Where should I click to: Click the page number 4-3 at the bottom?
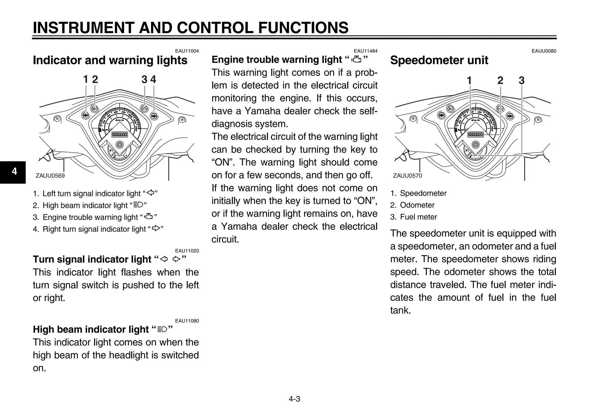294,399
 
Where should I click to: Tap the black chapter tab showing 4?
13,172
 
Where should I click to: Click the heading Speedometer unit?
439,60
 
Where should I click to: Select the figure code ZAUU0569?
50,176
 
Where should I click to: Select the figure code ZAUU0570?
407,176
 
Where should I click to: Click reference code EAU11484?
365,51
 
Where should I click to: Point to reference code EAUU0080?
544,51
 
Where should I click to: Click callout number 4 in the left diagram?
153,79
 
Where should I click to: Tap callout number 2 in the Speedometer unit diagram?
500,80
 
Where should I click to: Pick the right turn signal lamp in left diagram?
154,116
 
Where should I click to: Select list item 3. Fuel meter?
414,217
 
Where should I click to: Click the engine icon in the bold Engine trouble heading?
357,59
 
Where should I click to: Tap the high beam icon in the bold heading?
162,329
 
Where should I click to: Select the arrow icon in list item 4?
156,229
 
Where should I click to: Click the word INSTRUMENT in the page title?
83,28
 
